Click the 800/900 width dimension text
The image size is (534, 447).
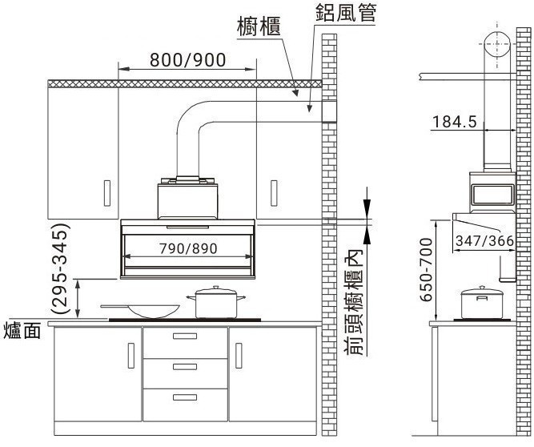(x=187, y=60)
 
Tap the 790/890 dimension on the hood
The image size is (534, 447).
(x=188, y=248)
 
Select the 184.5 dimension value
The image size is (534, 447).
(x=454, y=122)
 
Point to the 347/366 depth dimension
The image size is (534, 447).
(x=484, y=241)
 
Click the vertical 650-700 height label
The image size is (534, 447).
(x=426, y=270)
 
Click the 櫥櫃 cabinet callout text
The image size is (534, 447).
(x=259, y=27)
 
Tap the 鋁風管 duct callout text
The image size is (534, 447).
(x=346, y=13)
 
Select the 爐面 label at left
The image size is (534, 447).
(x=22, y=331)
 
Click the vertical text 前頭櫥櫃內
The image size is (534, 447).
(x=354, y=302)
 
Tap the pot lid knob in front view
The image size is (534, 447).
(x=215, y=288)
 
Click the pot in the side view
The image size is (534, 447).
(x=482, y=303)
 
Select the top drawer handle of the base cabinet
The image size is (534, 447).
(x=185, y=336)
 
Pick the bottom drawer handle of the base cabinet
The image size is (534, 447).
(x=185, y=397)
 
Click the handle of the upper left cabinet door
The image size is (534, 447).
(x=107, y=193)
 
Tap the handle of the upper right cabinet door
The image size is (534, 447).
(x=274, y=193)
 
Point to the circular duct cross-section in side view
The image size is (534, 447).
(x=497, y=45)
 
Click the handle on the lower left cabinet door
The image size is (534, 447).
(x=131, y=356)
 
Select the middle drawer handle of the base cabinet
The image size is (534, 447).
(x=185, y=367)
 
